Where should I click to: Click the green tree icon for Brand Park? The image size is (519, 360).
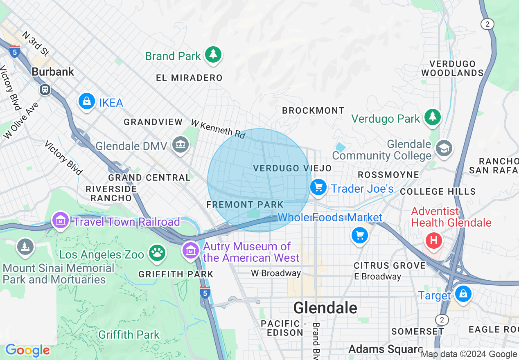click(x=212, y=54)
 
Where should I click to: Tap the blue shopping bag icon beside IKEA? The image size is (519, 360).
click(x=87, y=101)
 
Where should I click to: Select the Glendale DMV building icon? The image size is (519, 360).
click(x=180, y=145)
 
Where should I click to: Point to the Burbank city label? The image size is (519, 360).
click(x=53, y=72)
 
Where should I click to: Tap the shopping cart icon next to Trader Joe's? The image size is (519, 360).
click(x=318, y=188)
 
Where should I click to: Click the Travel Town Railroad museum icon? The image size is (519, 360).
click(x=61, y=221)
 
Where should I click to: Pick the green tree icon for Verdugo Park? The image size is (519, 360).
click(x=432, y=117)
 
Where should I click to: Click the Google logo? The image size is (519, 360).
click(x=27, y=350)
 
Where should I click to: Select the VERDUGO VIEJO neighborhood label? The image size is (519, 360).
click(x=292, y=168)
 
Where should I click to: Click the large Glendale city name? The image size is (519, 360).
click(x=325, y=307)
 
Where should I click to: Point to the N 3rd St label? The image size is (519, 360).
click(x=36, y=43)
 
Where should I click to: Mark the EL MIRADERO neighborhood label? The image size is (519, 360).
click(x=189, y=78)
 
